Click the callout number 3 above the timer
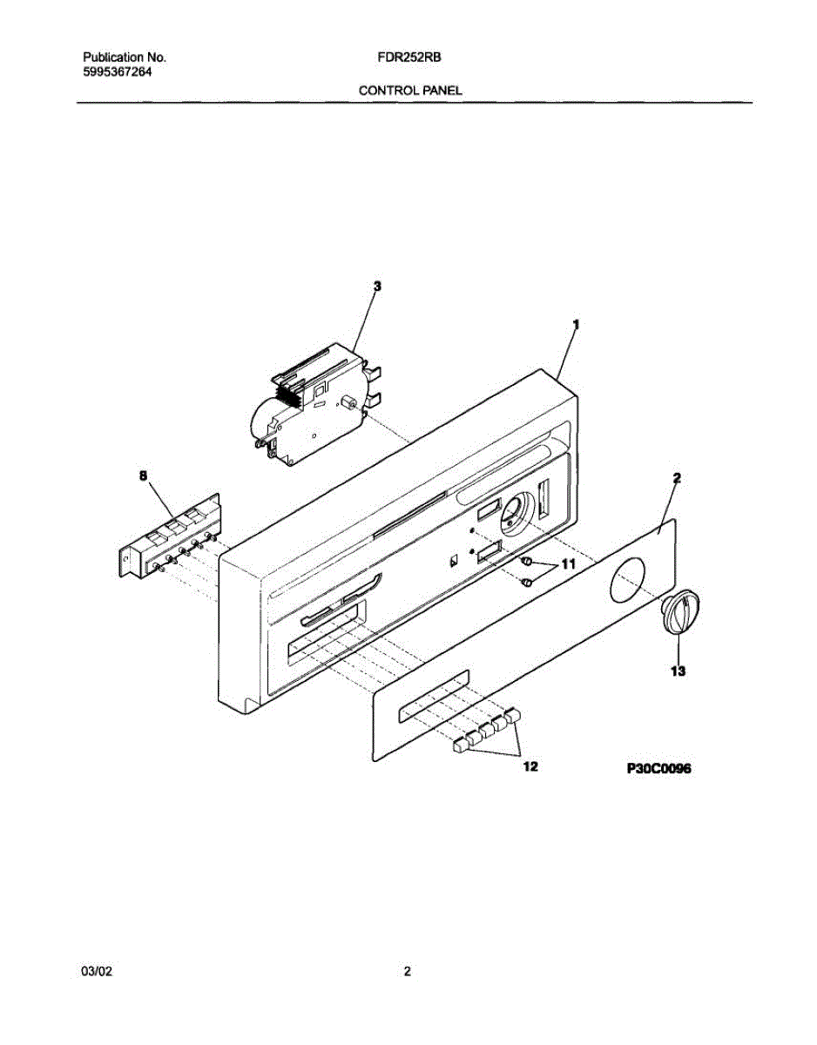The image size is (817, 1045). (377, 286)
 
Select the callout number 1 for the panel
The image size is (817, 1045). (576, 323)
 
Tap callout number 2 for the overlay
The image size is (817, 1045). (677, 478)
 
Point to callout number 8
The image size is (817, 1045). (144, 475)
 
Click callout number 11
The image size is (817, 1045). (568, 565)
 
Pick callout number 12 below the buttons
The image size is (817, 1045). (530, 766)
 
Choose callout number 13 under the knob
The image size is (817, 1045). (679, 671)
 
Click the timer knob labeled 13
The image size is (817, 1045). (680, 609)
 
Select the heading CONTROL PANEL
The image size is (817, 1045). (410, 91)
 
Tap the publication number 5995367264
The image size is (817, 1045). (118, 72)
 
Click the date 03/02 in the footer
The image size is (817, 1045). (94, 973)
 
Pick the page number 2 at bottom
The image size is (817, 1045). (407, 973)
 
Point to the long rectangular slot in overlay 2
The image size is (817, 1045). (432, 696)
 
